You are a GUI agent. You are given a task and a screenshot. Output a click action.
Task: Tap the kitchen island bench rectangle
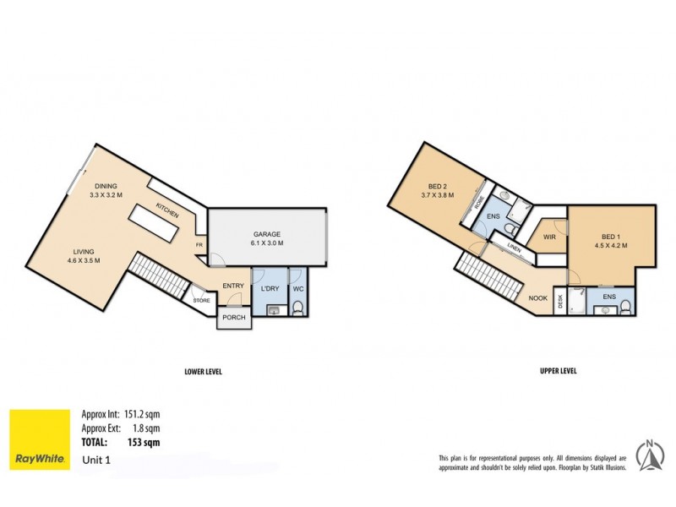tap(154, 224)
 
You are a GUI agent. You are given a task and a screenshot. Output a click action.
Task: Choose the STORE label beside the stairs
tap(201, 300)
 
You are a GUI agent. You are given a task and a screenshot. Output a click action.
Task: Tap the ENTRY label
tap(232, 286)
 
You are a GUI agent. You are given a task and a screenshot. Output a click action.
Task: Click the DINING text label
tap(106, 186)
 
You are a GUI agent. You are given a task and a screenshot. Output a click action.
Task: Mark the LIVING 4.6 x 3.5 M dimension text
tap(83, 260)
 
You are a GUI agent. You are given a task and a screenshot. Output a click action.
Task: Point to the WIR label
tap(548, 237)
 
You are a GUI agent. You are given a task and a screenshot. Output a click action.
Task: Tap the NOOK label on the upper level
tap(537, 297)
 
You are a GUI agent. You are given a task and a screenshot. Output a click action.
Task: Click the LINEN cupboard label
tap(514, 248)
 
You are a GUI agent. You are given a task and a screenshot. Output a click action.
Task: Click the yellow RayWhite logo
tap(40, 439)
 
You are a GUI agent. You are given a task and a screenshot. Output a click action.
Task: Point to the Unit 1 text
tap(97, 461)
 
